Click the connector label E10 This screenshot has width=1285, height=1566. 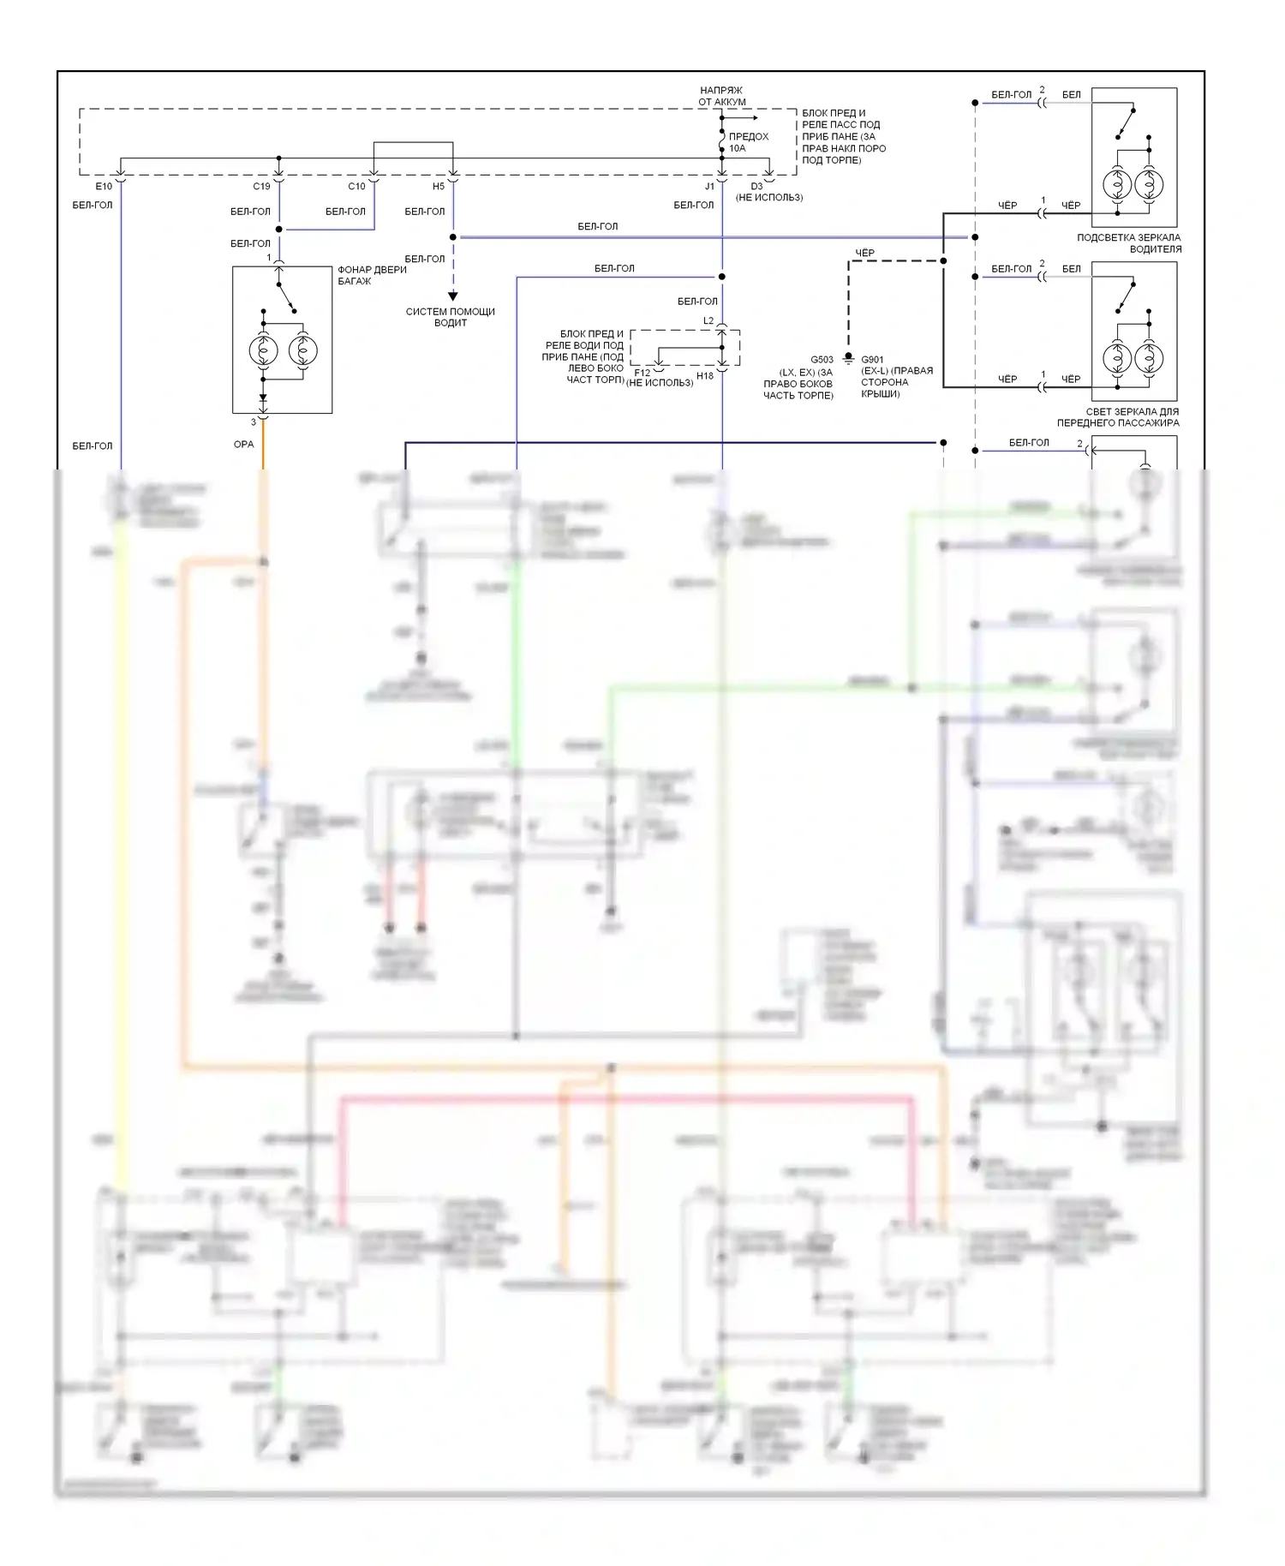[x=104, y=186]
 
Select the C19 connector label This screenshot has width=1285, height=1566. [x=261, y=186]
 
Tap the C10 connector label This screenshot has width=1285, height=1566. [x=356, y=186]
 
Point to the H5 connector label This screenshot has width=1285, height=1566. [x=439, y=186]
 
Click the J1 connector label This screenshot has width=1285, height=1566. [x=709, y=186]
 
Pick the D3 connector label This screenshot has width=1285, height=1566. [x=756, y=186]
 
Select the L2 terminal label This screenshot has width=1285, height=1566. [x=708, y=321]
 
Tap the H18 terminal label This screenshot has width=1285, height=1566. [x=705, y=375]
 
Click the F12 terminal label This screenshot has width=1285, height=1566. [x=642, y=373]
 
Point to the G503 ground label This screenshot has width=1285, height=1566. [x=822, y=360]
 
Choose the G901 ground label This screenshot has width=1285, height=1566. [x=872, y=360]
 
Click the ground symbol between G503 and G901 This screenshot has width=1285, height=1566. [x=848, y=356]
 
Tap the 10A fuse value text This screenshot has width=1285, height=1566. [x=738, y=148]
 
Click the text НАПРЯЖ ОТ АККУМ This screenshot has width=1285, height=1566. [x=721, y=96]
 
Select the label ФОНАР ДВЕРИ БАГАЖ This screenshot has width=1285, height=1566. [x=372, y=275]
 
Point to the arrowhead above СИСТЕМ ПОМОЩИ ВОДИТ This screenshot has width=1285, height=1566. [x=453, y=296]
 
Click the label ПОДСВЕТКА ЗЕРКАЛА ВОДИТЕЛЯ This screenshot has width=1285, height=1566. [x=1129, y=243]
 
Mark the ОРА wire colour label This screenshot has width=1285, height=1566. [x=243, y=444]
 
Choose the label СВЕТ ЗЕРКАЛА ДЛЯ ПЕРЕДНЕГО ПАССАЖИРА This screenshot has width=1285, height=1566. [x=1118, y=417]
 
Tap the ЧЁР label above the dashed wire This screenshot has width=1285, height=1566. [x=865, y=253]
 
